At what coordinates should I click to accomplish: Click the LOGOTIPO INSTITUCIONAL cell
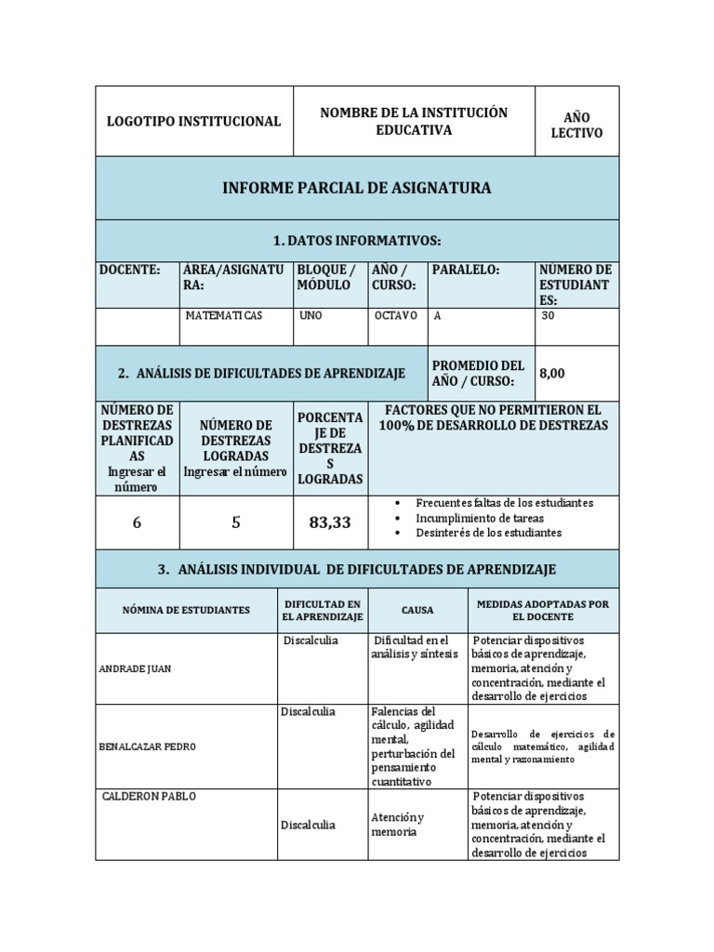(x=193, y=122)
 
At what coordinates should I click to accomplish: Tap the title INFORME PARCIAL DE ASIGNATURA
(x=357, y=189)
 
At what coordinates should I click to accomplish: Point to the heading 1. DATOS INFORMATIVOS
(x=357, y=241)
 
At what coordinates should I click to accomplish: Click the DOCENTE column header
(x=130, y=270)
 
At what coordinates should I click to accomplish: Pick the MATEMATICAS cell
(x=224, y=316)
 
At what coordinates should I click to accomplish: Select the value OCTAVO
(x=396, y=316)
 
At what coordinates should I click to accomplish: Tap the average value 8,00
(x=552, y=373)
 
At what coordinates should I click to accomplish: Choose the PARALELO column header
(x=467, y=270)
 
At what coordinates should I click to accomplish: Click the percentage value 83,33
(x=329, y=522)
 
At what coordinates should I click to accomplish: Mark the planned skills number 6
(x=137, y=522)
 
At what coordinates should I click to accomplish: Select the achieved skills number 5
(x=236, y=522)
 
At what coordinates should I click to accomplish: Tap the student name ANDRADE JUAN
(x=136, y=668)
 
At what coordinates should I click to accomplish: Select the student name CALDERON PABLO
(x=148, y=797)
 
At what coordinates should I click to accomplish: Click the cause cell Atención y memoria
(x=398, y=825)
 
